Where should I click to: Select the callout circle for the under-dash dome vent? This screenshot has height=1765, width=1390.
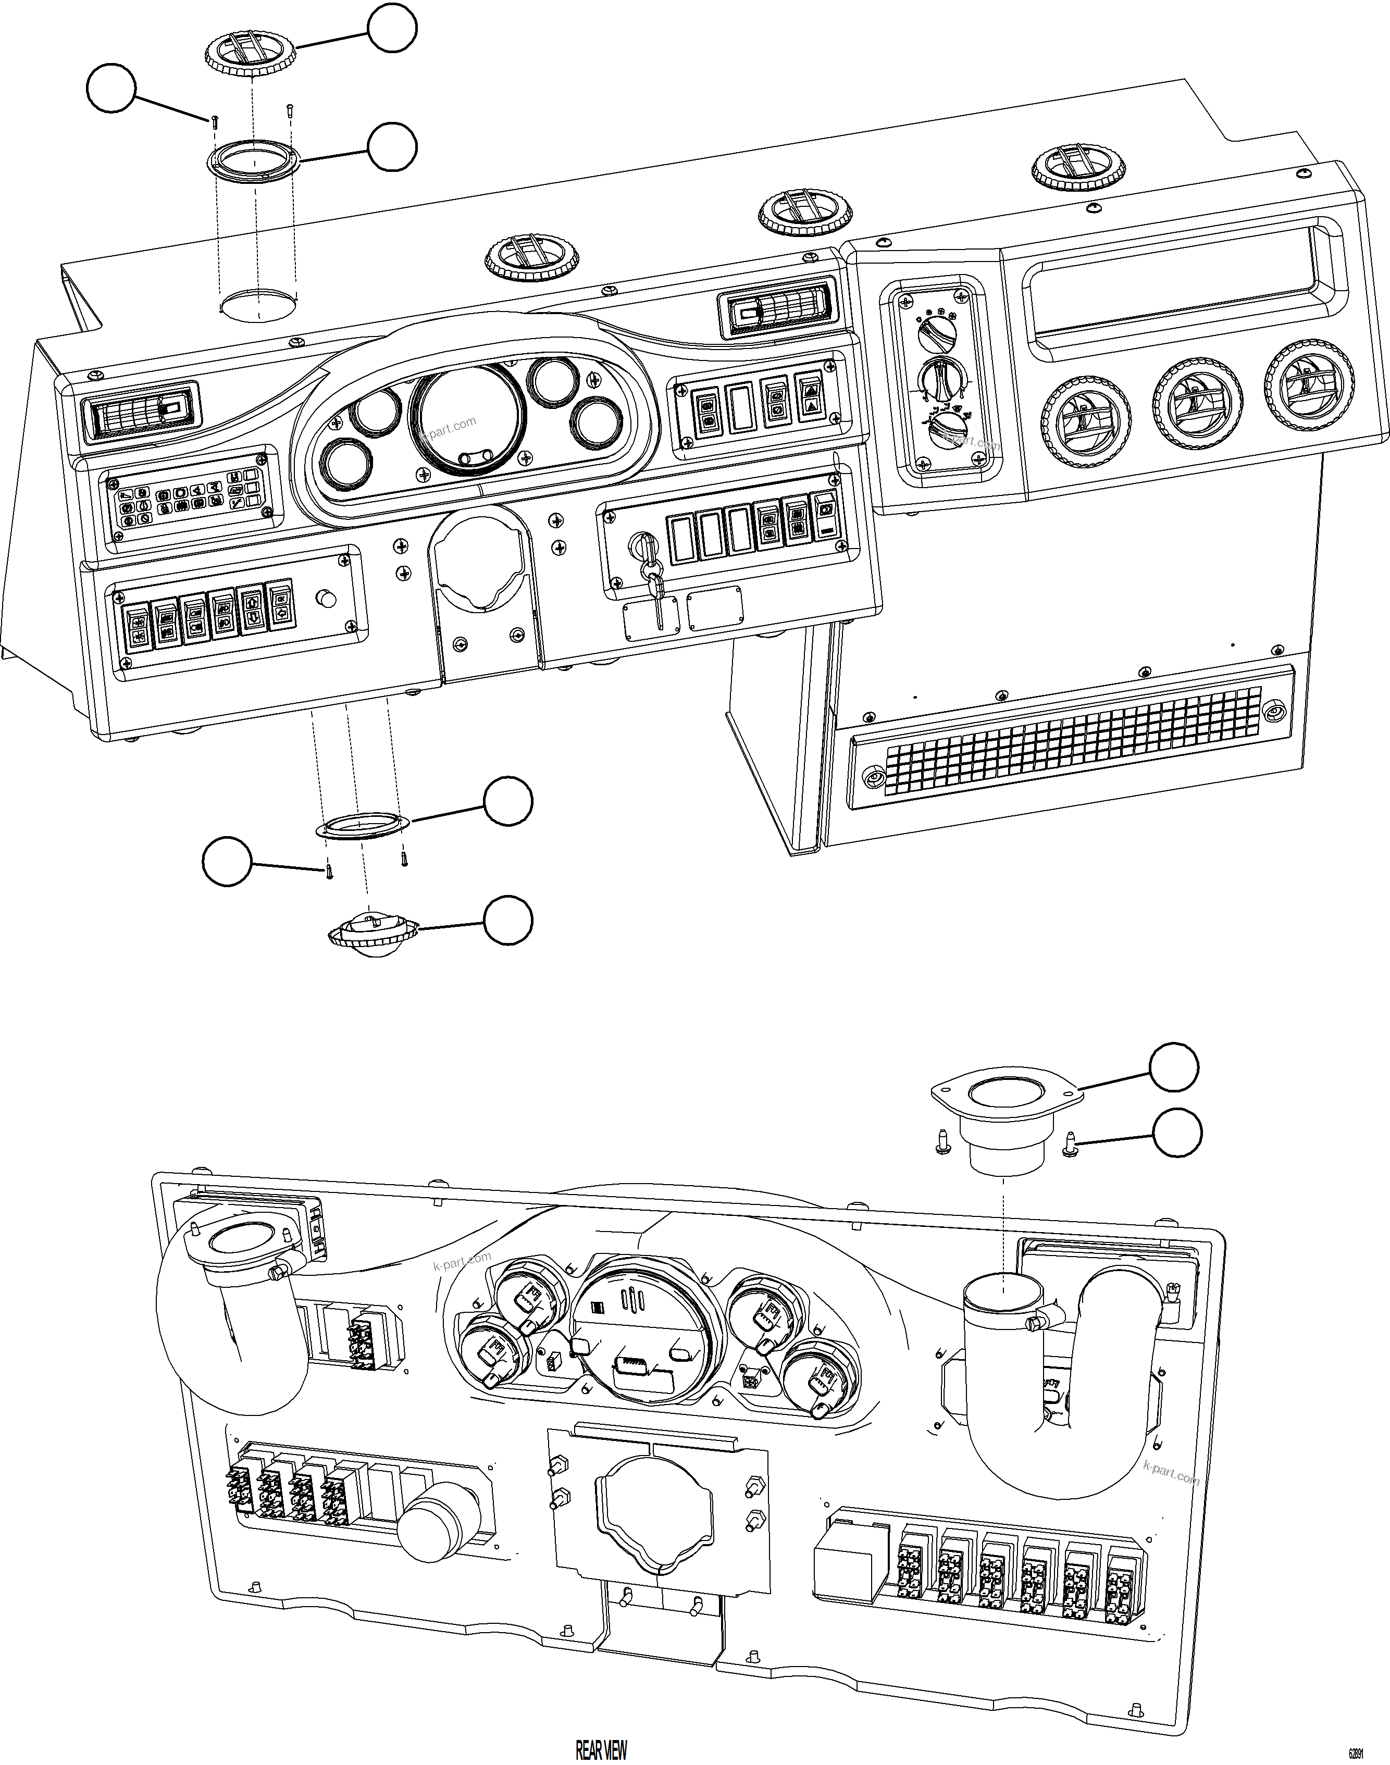[x=508, y=921]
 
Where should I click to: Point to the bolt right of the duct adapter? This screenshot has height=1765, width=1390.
[x=1071, y=1145]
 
